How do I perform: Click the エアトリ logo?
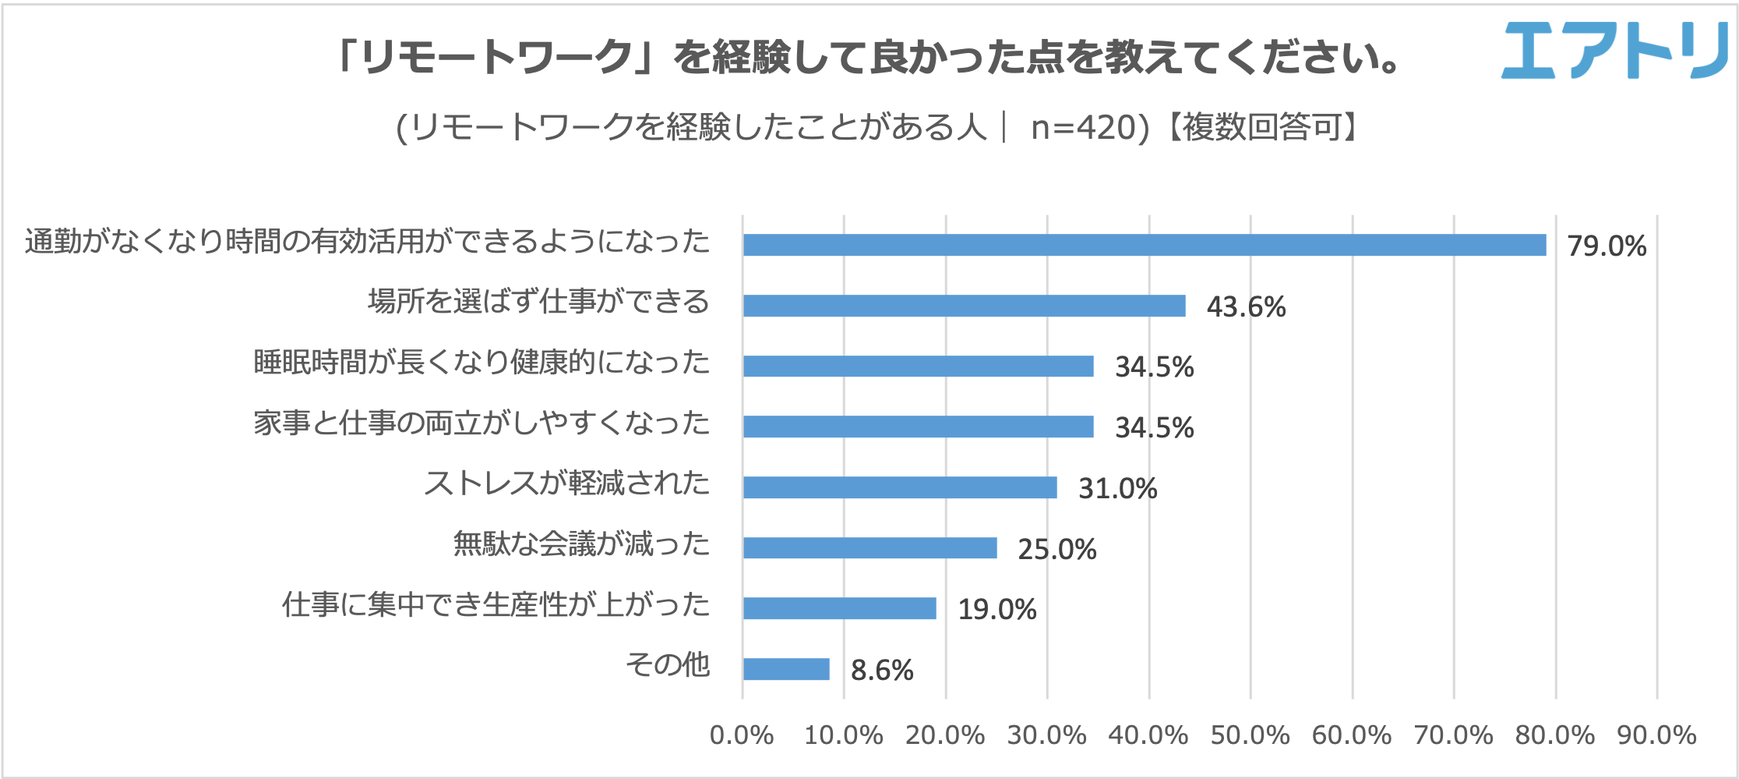click(1613, 50)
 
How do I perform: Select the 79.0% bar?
click(1144, 245)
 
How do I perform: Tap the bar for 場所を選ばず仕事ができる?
click(964, 306)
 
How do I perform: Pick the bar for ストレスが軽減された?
click(900, 487)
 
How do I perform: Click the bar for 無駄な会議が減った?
click(869, 548)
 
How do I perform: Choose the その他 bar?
click(786, 669)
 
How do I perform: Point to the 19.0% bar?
click(839, 608)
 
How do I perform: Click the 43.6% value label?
click(1246, 306)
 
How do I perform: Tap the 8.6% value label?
click(882, 670)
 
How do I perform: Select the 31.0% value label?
click(1117, 488)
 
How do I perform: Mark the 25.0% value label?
click(1057, 549)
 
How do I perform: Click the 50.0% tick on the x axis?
click(1250, 735)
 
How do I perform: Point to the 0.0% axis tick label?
click(742, 735)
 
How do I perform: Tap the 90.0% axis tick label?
click(1656, 735)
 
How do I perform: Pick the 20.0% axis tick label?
click(945, 735)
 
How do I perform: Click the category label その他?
click(668, 664)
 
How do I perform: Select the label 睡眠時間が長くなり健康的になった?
click(481, 362)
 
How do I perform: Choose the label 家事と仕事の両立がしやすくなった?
click(481, 423)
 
